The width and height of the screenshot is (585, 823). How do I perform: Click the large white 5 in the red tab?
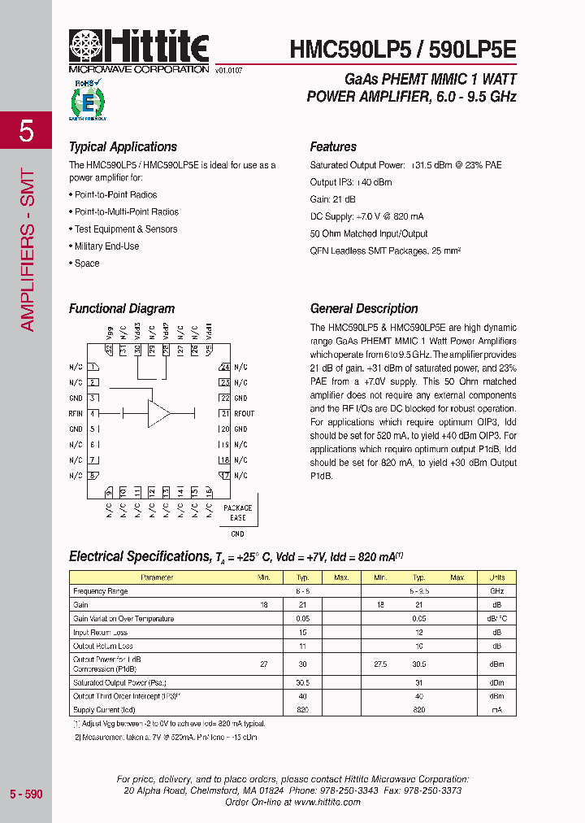pos(26,130)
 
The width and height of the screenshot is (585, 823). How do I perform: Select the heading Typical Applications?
pos(123,147)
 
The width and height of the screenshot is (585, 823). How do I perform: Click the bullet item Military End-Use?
pos(106,246)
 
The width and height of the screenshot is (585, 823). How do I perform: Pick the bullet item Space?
pos(86,263)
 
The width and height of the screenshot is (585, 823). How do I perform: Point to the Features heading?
pos(333,147)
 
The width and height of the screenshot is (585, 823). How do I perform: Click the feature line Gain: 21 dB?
pos(331,199)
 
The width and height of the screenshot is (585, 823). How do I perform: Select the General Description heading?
pos(364,309)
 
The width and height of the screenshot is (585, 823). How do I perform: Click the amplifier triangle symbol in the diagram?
pos(158,413)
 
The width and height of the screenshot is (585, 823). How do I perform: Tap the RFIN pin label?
pos(76,414)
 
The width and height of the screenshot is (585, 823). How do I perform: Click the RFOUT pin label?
pos(244,414)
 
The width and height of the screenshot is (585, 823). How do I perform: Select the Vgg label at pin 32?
pos(109,333)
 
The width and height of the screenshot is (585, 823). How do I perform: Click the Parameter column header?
pos(157,577)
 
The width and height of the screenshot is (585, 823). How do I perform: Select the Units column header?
pos(496,577)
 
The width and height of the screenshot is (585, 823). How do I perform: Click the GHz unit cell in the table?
pos(496,591)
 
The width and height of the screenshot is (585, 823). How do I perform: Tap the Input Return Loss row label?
pos(100,633)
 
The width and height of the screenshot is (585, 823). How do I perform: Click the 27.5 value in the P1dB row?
pos(380,664)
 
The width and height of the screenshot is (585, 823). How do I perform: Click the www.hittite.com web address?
pos(327,802)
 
